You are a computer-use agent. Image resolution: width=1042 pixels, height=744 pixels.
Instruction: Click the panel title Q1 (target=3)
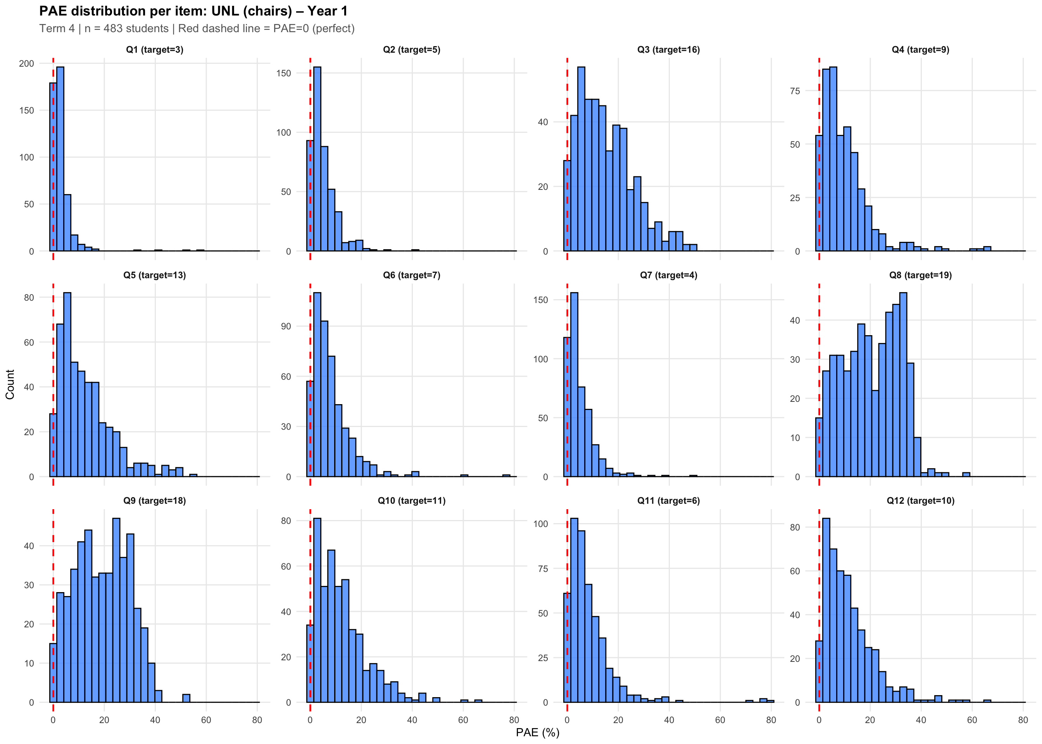pyautogui.click(x=154, y=50)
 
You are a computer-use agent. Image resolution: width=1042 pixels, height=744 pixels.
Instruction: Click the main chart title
pyautogui.click(x=193, y=11)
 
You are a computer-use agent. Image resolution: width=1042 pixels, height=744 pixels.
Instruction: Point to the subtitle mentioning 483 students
pyautogui.click(x=197, y=28)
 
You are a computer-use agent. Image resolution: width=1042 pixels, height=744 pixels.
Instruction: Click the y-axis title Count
pyautogui.click(x=10, y=384)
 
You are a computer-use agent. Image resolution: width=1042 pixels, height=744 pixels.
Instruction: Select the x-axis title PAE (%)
pyautogui.click(x=538, y=732)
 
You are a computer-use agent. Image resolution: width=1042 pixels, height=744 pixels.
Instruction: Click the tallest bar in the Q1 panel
pyautogui.click(x=60, y=159)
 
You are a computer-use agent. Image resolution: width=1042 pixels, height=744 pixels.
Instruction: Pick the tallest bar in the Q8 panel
pyautogui.click(x=903, y=384)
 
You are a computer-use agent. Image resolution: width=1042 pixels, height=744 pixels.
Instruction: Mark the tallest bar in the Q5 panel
pyautogui.click(x=67, y=384)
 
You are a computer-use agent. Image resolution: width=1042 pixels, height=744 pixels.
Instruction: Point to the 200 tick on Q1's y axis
pyautogui.click(x=27, y=64)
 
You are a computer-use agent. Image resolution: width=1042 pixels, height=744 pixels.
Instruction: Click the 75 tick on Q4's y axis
pyautogui.click(x=795, y=91)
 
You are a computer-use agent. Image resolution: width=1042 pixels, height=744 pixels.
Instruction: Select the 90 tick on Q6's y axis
pyautogui.click(x=286, y=326)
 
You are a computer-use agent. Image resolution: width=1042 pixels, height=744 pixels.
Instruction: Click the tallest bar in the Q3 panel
pyautogui.click(x=581, y=159)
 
